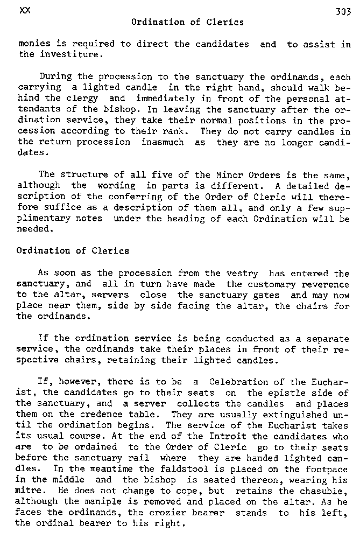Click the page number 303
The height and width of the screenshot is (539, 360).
[342, 12]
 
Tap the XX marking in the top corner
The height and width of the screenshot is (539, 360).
[24, 11]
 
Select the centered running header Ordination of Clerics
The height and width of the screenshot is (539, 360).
[187, 22]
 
